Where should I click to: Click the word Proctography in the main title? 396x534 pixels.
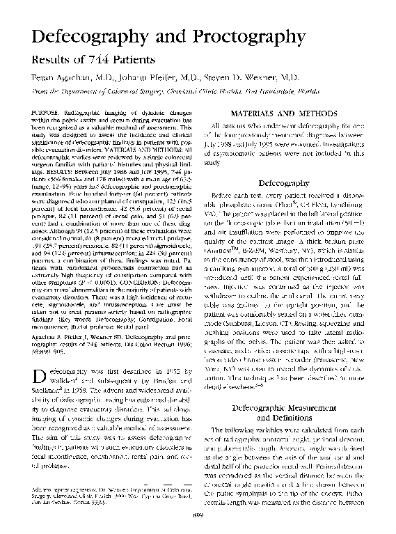click(x=235, y=37)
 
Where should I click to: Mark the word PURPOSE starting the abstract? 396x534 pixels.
click(x=48, y=112)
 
